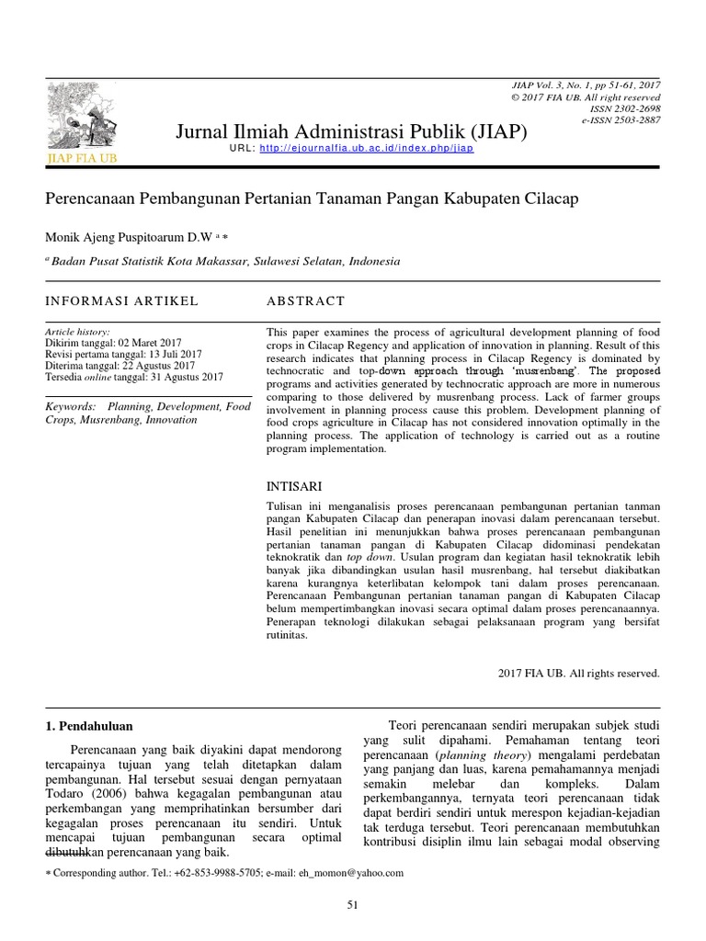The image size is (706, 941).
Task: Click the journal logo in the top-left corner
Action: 82,120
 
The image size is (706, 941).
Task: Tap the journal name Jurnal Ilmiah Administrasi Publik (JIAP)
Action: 351,132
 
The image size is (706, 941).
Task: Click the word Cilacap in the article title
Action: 550,199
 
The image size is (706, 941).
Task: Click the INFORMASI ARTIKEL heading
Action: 121,300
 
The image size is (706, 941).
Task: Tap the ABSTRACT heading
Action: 305,300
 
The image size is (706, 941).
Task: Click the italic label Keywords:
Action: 71,405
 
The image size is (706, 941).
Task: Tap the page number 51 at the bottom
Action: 352,906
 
